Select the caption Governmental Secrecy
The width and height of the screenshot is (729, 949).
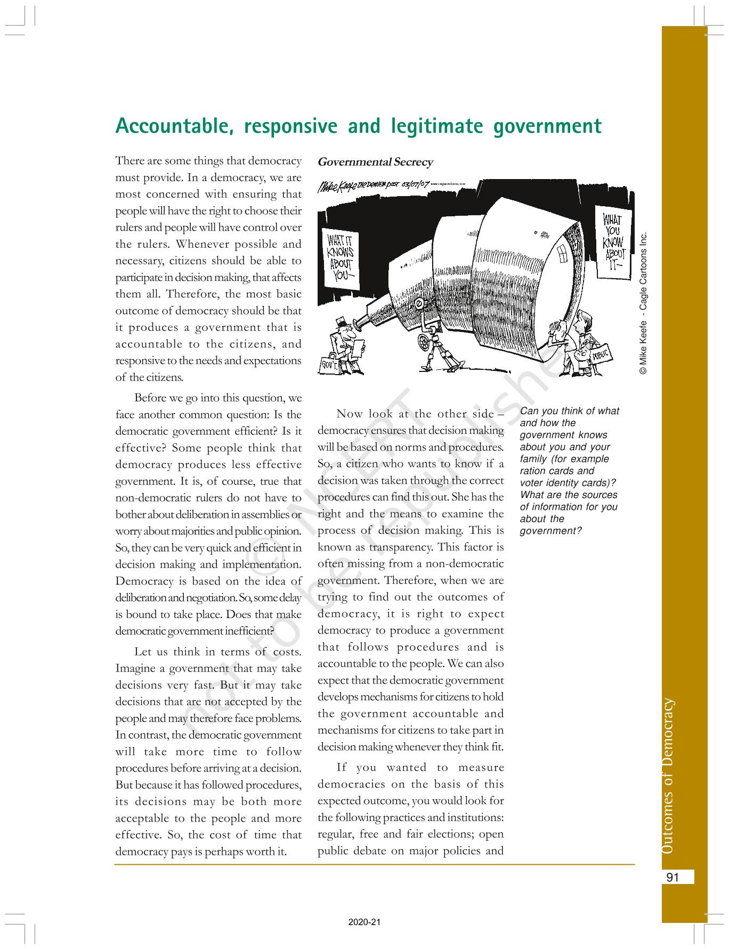pyautogui.click(x=375, y=162)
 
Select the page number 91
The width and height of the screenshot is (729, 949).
pyautogui.click(x=673, y=877)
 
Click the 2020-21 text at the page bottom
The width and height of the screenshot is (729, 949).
pyautogui.click(x=365, y=922)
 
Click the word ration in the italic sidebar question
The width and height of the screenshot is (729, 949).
pyautogui.click(x=533, y=471)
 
